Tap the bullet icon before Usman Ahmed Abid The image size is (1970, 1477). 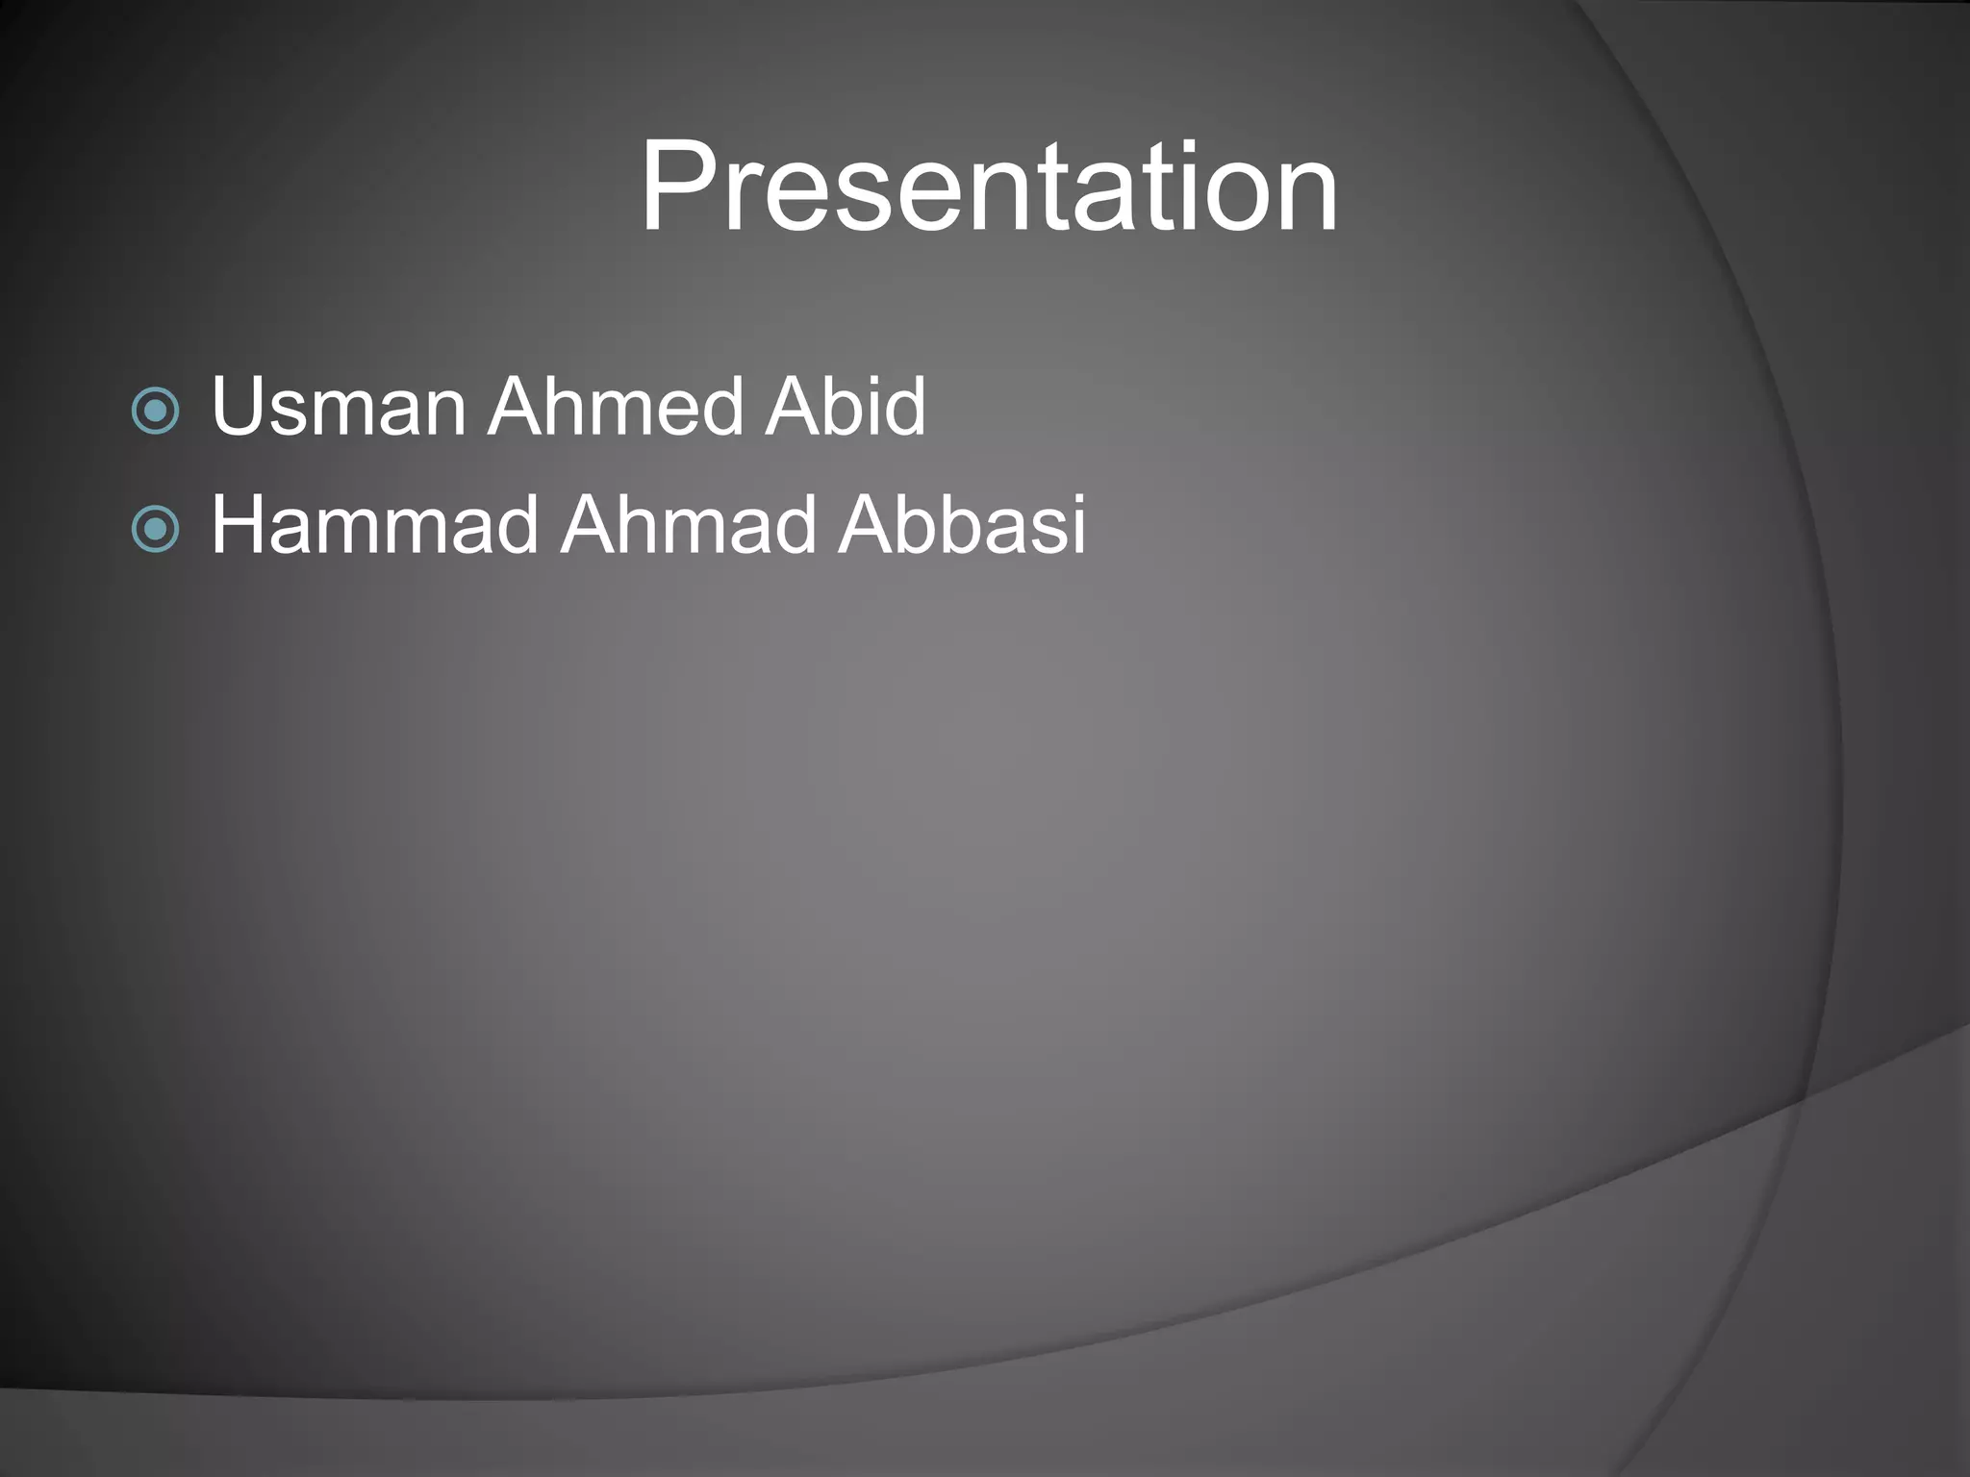click(x=155, y=412)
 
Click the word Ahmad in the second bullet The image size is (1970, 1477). click(x=689, y=525)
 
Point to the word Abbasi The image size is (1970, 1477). click(x=962, y=525)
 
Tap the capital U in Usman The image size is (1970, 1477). click(x=239, y=407)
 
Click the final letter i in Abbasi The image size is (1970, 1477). click(x=1079, y=525)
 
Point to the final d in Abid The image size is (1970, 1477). click(x=904, y=407)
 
